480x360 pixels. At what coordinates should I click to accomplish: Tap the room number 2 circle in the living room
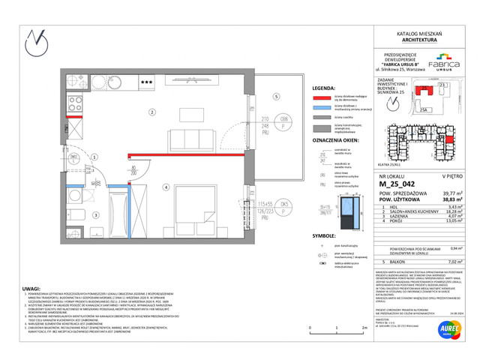pos(151,112)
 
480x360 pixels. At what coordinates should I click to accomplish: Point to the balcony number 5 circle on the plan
pos(276,96)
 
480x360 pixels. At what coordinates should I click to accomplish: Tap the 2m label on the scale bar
pos(364,328)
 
